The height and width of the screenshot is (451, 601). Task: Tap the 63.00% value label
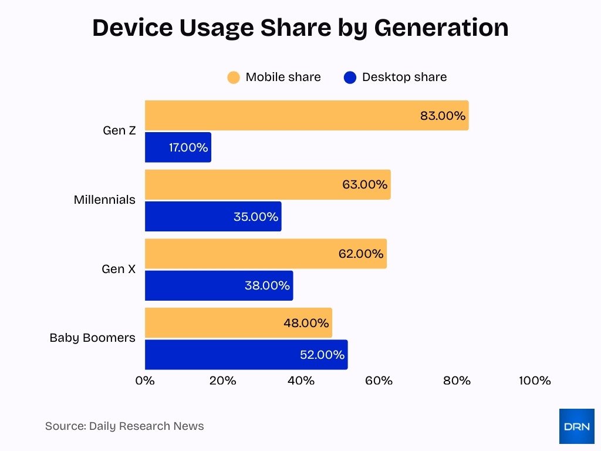coord(364,184)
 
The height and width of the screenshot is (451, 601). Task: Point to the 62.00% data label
coord(361,254)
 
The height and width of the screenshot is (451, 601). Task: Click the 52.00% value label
coord(322,355)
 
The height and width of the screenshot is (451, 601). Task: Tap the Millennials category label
coord(104,200)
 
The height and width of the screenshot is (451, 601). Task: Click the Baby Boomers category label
coord(92,338)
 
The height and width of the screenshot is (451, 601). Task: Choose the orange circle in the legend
coord(234,78)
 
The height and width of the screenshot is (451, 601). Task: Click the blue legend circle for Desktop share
coord(350,78)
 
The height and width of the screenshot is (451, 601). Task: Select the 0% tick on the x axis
coord(145,381)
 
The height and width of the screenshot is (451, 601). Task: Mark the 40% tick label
coord(301,381)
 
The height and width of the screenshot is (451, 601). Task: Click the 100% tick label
coord(535,381)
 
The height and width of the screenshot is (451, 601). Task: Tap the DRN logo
coord(576,426)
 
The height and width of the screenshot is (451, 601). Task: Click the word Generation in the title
coord(441,28)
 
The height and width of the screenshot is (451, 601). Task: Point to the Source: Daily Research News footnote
coord(124,426)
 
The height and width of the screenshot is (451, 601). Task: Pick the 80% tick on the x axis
coord(457,381)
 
